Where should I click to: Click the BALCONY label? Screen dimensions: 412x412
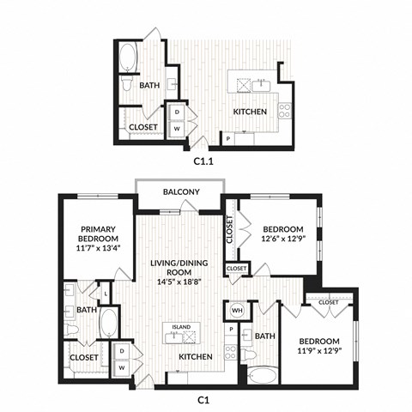click(x=181, y=191)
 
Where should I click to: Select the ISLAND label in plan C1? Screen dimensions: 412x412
click(x=181, y=326)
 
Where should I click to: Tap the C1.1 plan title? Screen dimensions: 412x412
click(x=203, y=159)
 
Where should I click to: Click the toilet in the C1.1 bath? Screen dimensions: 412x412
click(x=127, y=85)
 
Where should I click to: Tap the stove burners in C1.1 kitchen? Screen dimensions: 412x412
click(x=284, y=110)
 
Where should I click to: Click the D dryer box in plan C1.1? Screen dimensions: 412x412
click(x=178, y=112)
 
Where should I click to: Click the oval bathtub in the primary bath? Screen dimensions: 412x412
click(x=109, y=324)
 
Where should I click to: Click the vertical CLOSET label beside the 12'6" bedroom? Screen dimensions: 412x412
click(x=230, y=231)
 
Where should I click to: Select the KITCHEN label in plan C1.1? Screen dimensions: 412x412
click(x=251, y=112)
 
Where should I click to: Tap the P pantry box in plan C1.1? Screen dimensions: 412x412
click(x=228, y=137)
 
